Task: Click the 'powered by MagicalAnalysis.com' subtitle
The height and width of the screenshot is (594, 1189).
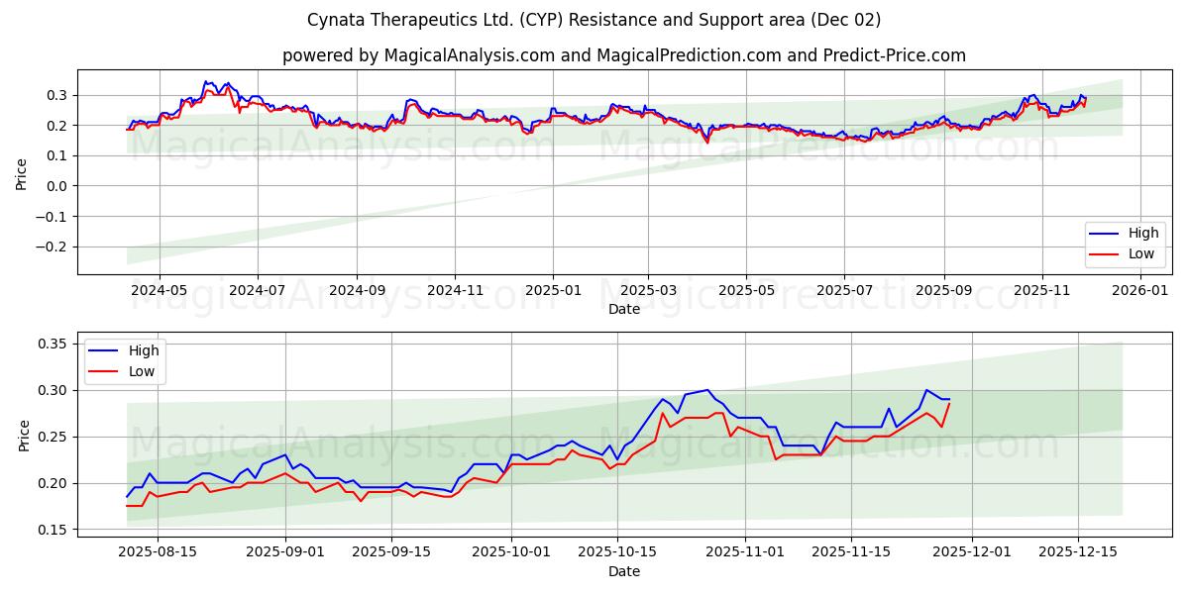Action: click(623, 55)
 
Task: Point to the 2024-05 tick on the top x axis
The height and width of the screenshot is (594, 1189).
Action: click(159, 290)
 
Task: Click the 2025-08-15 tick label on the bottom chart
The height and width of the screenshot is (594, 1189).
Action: click(159, 552)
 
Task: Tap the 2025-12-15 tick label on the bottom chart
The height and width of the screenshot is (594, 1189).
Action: click(1076, 552)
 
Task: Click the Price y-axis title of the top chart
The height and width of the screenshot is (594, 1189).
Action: click(22, 173)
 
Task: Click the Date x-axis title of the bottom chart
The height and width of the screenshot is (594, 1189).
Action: click(624, 571)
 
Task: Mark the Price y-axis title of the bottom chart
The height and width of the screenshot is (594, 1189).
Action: click(22, 435)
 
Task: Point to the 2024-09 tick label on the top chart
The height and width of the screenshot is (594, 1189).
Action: click(357, 290)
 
